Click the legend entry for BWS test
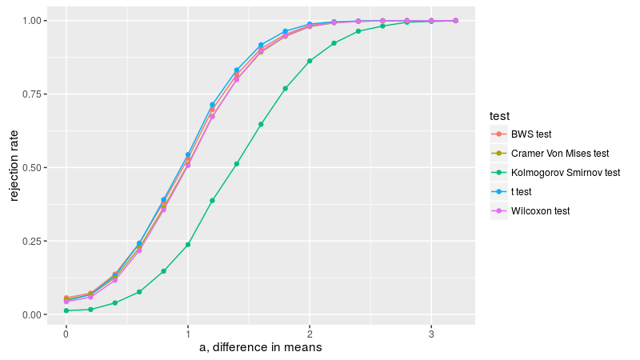coord(530,134)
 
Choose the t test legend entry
coord(521,192)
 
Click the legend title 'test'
coord(501,117)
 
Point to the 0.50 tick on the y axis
coord(37,168)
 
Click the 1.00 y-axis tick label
coord(37,20)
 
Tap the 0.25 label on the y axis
coord(37,242)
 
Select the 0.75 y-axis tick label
coord(37,94)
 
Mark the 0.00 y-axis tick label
coord(37,315)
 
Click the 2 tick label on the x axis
coord(310,332)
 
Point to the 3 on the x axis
coord(431,332)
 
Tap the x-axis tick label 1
coord(188,332)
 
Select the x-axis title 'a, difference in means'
coord(261,348)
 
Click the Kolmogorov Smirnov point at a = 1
coord(188,245)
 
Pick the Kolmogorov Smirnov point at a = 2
coord(310,61)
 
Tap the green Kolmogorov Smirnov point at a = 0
coord(66,310)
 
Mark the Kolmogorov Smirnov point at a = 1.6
coord(261,124)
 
